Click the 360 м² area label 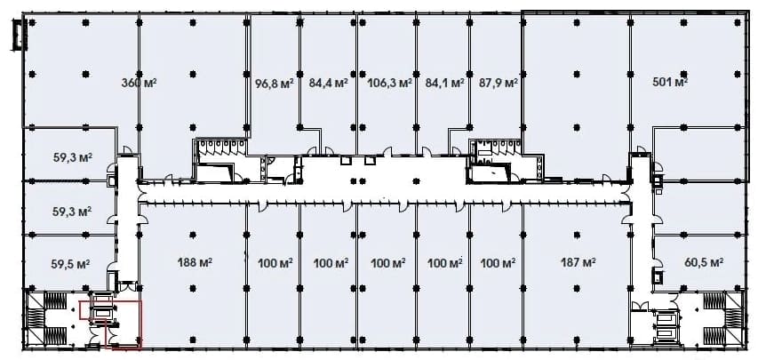pos(139,83)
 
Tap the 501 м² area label pos(670,82)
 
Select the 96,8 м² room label pos(275,83)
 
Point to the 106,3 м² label pos(389,83)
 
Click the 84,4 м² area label pos(328,83)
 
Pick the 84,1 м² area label pos(444,83)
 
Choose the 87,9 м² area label pos(498,83)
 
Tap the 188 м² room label pos(195,263)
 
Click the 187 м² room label pos(578,263)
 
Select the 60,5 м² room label pos(704,263)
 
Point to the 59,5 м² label pos(70,264)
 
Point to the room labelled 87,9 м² pos(496,73)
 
